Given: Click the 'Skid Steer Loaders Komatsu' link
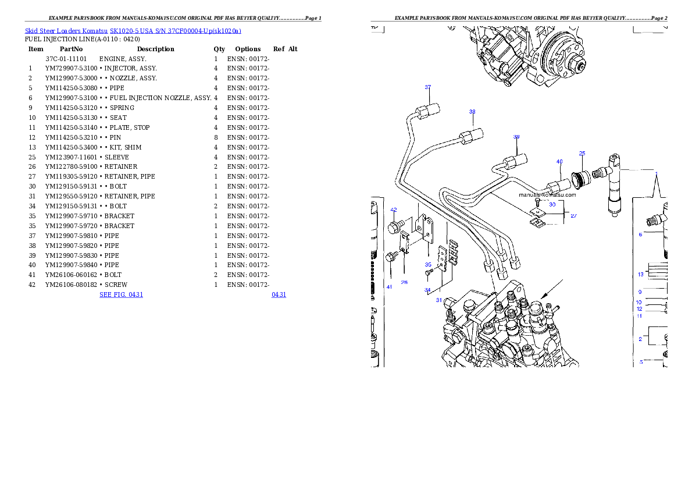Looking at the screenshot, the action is [66, 31].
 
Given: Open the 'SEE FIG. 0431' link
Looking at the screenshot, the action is [122, 294].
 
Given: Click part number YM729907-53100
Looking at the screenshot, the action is [71, 69].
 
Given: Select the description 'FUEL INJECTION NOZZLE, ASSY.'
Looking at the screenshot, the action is [160, 98].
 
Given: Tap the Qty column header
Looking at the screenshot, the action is [219, 49].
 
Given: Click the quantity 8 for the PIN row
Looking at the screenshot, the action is [216, 137].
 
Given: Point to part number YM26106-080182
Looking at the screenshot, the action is [71, 285].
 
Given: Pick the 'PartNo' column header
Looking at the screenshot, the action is [71, 49].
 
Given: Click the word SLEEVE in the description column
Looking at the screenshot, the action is [117, 157].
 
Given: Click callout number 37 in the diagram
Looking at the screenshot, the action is [427, 87].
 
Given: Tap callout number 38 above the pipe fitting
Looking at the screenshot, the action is [472, 111].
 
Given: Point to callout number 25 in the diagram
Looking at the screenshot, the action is [582, 153].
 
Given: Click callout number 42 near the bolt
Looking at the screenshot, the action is [394, 210].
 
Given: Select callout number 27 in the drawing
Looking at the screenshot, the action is [573, 216].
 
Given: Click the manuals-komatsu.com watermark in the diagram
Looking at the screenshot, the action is [547, 195].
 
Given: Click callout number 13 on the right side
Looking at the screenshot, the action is [640, 274].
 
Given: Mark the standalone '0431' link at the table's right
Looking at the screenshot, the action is [279, 294].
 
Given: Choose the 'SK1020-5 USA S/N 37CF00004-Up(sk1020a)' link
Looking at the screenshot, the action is [176, 31].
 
